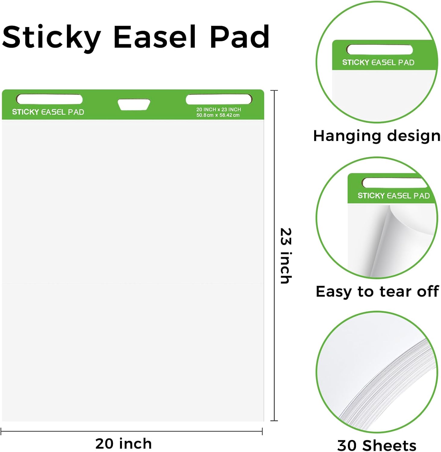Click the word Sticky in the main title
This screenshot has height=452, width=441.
[x=51, y=37]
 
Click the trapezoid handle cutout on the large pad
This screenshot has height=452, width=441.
[x=134, y=104]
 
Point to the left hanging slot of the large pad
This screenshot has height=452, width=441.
[x=49, y=99]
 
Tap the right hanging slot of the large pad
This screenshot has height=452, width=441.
[x=219, y=99]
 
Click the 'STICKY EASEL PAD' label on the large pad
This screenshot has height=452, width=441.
[x=48, y=112]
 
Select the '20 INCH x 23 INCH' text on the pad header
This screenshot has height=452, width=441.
[x=219, y=109]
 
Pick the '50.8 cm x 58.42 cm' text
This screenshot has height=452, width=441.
[x=218, y=115]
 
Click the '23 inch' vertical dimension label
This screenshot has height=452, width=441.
[x=286, y=256]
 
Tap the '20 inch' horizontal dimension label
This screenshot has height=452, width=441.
[x=124, y=444]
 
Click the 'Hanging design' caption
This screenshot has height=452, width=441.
[x=377, y=136]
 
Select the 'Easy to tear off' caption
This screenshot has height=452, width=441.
[x=377, y=291]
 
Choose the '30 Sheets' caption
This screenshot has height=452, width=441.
[x=377, y=445]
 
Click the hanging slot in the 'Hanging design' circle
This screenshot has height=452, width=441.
[x=379, y=49]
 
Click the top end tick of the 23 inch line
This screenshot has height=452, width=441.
[x=274, y=90]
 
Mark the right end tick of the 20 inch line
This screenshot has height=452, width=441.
[x=262, y=432]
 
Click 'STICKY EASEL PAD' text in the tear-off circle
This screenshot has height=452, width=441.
[x=393, y=196]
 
